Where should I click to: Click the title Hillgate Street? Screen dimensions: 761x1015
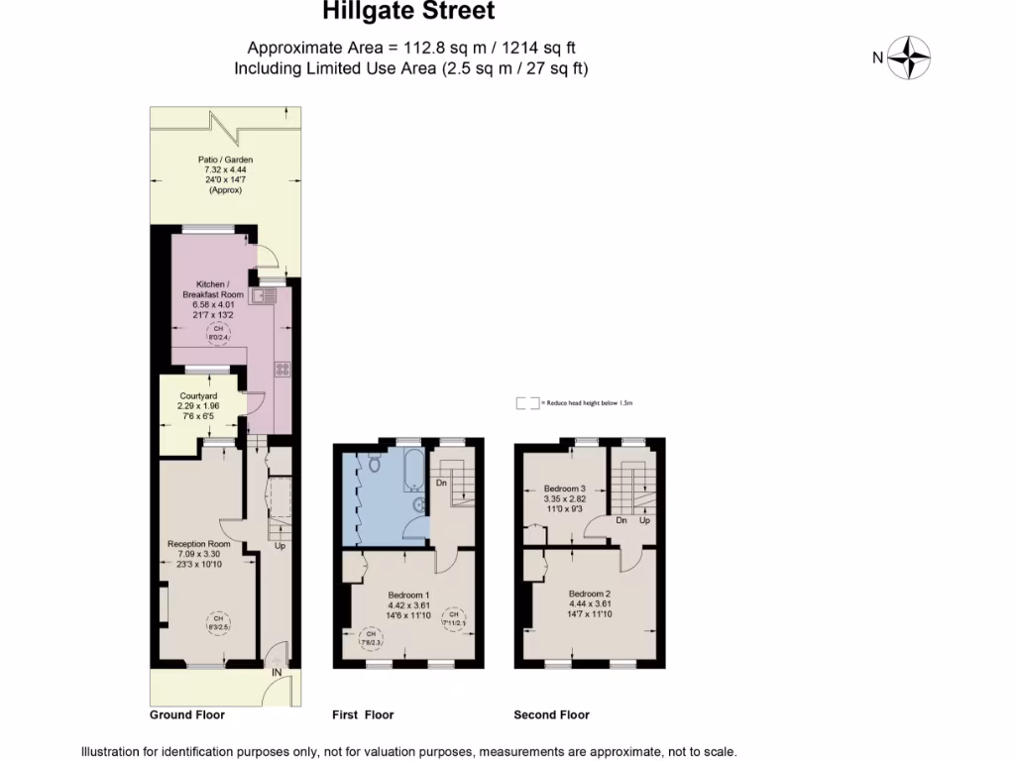(x=408, y=12)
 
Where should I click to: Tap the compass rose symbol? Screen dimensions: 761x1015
(x=908, y=57)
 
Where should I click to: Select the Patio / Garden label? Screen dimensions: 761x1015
(x=225, y=160)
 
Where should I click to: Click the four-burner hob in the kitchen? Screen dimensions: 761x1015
(x=282, y=370)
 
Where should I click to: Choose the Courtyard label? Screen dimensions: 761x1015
(x=197, y=395)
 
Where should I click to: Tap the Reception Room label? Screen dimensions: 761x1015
(x=198, y=544)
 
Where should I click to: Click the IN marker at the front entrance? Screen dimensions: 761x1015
(x=277, y=673)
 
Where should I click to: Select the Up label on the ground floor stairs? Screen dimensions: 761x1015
(x=281, y=546)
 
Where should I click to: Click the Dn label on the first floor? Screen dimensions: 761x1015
(x=441, y=484)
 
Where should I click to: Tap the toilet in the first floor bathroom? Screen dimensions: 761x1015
(x=375, y=463)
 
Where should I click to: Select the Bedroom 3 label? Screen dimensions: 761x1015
(x=565, y=488)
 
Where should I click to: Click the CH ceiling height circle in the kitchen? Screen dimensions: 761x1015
(x=215, y=334)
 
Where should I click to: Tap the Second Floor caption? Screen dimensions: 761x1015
(x=551, y=714)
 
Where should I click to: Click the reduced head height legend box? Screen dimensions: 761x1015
(x=527, y=403)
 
